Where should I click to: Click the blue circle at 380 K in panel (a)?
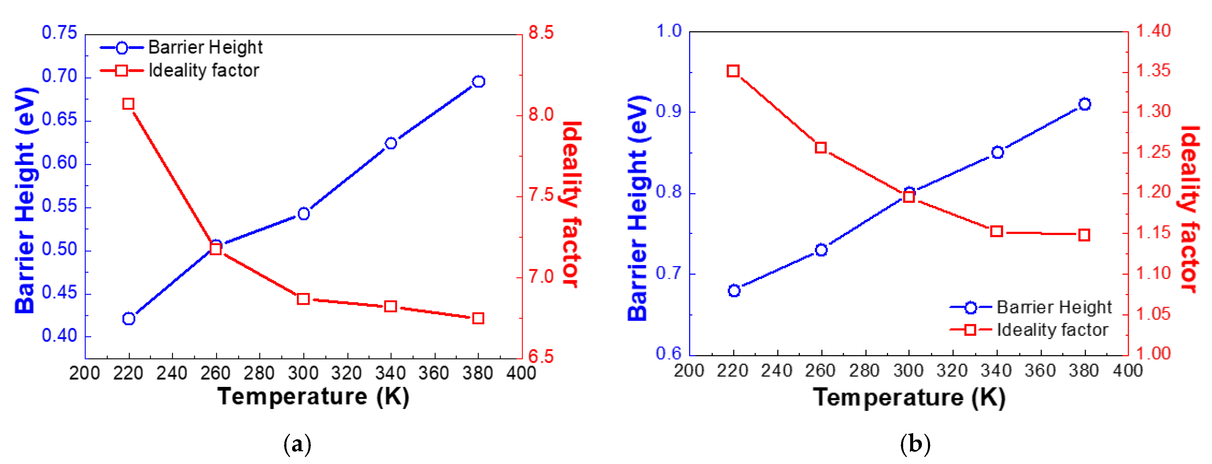click(x=478, y=81)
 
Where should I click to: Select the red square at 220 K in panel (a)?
click(x=128, y=104)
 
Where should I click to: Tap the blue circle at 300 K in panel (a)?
click(x=304, y=214)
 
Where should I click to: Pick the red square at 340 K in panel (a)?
click(x=390, y=306)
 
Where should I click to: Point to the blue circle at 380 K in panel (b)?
click(x=1085, y=104)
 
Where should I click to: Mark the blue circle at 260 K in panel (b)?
click(x=821, y=250)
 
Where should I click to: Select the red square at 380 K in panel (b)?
click(x=1084, y=235)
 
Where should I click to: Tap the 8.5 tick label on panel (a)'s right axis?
click(x=541, y=33)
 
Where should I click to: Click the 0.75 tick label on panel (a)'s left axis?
click(x=59, y=33)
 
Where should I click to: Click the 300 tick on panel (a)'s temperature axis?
click(x=303, y=373)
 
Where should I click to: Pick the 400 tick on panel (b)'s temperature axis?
click(x=1127, y=371)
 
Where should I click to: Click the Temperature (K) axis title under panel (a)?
click(x=313, y=396)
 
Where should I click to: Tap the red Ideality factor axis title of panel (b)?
click(x=1190, y=210)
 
